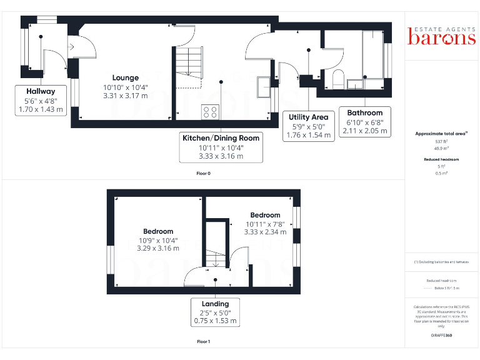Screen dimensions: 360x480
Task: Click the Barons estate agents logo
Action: [x=441, y=36]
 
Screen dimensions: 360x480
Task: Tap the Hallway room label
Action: [x=41, y=91]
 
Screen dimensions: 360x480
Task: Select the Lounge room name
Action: [x=125, y=78]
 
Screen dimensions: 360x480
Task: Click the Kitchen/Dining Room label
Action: [x=221, y=137]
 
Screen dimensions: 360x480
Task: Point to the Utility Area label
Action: [x=308, y=117]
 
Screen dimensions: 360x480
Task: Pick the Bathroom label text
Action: [x=365, y=113]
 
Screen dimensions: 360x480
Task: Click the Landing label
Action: [x=215, y=304]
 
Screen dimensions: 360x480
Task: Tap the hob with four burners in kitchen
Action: [x=210, y=112]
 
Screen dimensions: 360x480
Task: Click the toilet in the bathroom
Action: [x=337, y=79]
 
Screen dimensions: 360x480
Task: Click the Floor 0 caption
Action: [x=203, y=173]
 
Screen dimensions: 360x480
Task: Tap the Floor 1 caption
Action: [x=203, y=342]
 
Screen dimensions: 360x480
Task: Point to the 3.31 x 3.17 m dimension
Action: [x=126, y=96]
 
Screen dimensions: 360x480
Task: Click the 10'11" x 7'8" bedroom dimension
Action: [x=265, y=224]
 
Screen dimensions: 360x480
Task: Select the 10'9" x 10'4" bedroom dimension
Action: [x=157, y=240]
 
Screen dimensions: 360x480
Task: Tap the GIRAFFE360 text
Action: [x=441, y=336]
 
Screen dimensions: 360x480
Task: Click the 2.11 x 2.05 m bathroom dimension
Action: [x=365, y=131]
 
